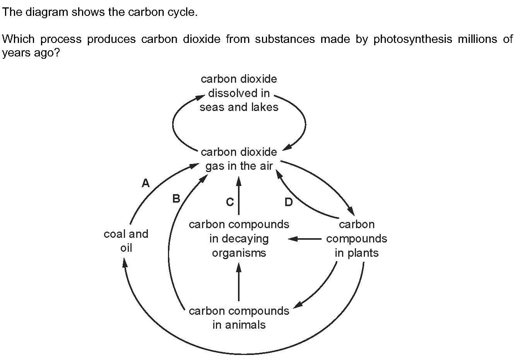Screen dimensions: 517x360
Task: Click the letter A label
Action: pos(146,183)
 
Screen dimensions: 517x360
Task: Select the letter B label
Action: pos(176,199)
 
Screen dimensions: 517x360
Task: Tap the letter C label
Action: pos(230,202)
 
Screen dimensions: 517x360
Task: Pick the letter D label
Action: pos(289,202)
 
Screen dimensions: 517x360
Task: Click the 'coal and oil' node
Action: pos(126,241)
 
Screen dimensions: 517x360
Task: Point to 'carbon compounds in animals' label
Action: pos(239,318)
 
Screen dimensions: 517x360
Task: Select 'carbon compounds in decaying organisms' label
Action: pos(239,239)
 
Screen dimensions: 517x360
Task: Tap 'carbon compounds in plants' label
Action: pos(356,239)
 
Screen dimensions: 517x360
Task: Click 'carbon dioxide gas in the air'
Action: pos(239,159)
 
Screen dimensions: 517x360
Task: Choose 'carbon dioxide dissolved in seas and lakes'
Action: pos(239,93)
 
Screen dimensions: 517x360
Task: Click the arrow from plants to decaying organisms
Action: pos(305,239)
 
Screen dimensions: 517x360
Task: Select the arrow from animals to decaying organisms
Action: pos(239,282)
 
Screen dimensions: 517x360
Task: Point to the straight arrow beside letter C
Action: pos(239,196)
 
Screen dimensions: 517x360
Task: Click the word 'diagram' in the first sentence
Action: pos(47,12)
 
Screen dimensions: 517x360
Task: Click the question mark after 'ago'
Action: pos(57,53)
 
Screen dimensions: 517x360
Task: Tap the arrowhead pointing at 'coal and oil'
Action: pos(125,263)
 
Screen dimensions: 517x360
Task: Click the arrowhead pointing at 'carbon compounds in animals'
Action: pos(298,305)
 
